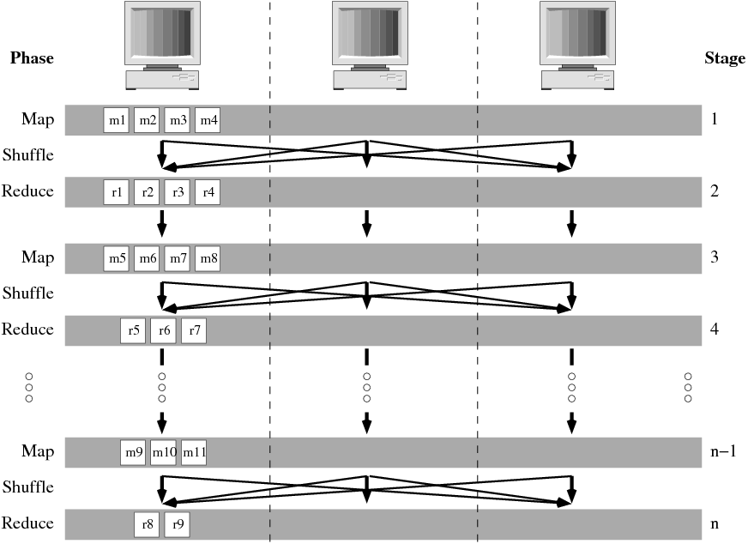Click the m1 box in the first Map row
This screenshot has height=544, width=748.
pyautogui.click(x=116, y=121)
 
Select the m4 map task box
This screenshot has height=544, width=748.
pyautogui.click(x=208, y=121)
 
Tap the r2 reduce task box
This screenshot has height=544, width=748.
pyautogui.click(x=147, y=192)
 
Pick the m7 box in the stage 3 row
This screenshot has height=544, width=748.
pyautogui.click(x=177, y=257)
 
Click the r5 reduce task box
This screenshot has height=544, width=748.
pyautogui.click(x=133, y=329)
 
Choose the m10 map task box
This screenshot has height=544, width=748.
pyautogui.click(x=163, y=452)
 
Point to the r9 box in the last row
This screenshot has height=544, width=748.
pyautogui.click(x=177, y=523)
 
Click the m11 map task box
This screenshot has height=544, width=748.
pyautogui.click(x=195, y=452)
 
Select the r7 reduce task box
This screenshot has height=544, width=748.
pyautogui.click(x=194, y=329)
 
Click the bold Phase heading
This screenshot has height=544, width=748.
pyautogui.click(x=31, y=58)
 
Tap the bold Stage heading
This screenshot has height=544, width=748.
pyautogui.click(x=724, y=58)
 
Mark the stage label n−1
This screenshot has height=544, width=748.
pyautogui.click(x=720, y=452)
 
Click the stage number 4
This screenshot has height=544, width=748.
pyautogui.click(x=715, y=329)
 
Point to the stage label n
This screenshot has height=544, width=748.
pyautogui.click(x=715, y=523)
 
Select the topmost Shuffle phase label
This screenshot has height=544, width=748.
pyautogui.click(x=27, y=155)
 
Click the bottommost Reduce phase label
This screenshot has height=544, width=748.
pyautogui.click(x=27, y=523)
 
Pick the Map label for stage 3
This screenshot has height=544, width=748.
pyautogui.click(x=38, y=257)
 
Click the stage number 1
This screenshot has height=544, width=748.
pyautogui.click(x=715, y=121)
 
